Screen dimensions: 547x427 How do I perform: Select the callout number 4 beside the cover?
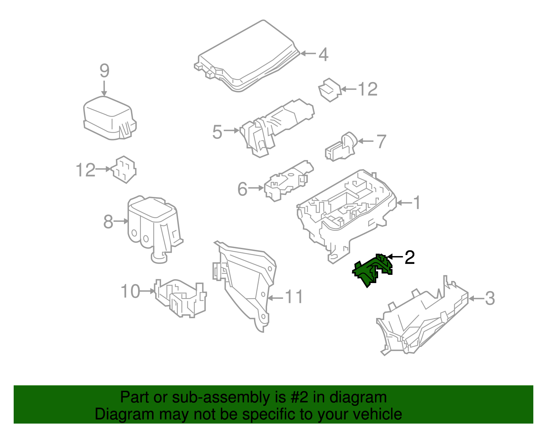click(323, 54)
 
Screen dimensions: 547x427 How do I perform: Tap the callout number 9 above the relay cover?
click(105, 70)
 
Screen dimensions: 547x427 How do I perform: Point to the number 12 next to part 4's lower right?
click(368, 89)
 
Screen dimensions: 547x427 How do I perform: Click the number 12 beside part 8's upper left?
click(85, 170)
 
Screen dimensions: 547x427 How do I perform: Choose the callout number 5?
click(217, 132)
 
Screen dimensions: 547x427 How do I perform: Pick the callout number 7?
click(382, 142)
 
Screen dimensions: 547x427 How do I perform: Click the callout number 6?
click(242, 189)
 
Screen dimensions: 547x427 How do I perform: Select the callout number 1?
click(417, 202)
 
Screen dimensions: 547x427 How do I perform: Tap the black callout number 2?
click(410, 257)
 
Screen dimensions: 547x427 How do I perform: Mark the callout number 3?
click(490, 298)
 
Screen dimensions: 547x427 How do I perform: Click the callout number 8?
click(108, 222)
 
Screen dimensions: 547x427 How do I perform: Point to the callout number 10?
click(130, 291)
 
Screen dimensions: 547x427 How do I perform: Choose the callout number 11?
click(294, 297)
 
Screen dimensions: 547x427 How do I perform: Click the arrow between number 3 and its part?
click(476, 299)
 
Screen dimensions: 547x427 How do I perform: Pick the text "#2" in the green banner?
click(298, 397)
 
